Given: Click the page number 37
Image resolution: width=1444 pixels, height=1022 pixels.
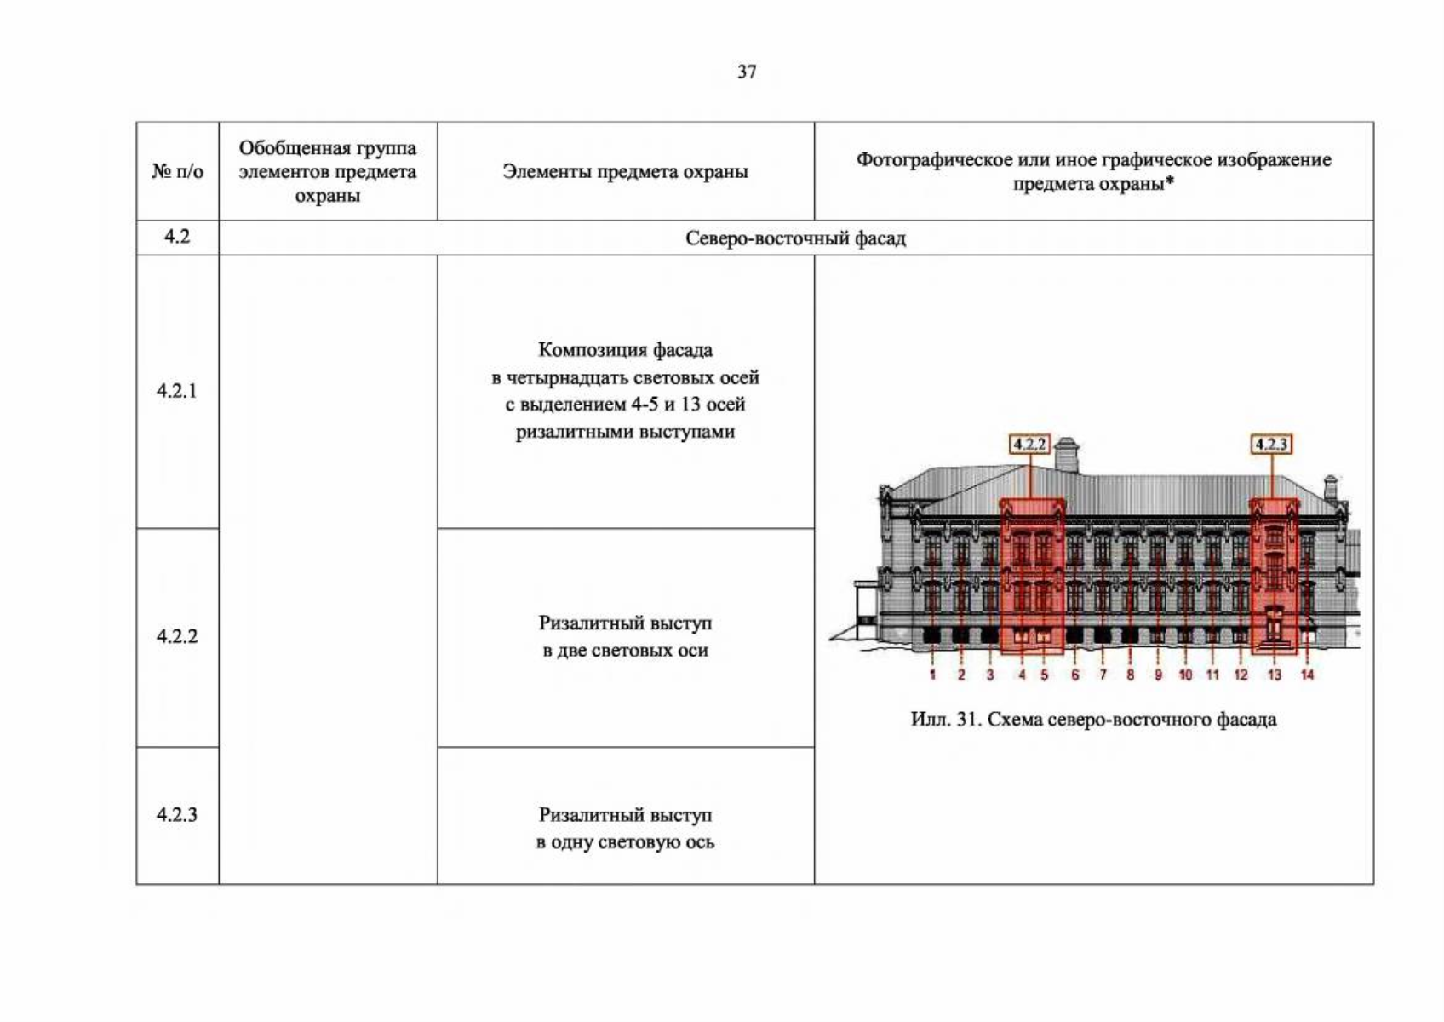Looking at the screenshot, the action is (747, 72).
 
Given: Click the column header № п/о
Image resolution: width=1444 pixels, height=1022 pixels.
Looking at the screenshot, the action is (177, 171).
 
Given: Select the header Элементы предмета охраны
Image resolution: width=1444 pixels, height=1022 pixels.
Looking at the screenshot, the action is (625, 172).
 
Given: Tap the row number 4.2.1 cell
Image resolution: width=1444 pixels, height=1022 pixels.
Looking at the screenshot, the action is (176, 391).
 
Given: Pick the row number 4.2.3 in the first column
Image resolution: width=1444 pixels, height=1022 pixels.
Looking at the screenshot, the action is (176, 814).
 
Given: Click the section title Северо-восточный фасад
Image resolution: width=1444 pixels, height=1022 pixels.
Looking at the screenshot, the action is (795, 238).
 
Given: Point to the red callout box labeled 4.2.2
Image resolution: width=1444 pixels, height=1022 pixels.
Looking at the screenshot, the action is (1029, 445).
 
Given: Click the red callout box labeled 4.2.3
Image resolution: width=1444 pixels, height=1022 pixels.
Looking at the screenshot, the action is (1271, 445).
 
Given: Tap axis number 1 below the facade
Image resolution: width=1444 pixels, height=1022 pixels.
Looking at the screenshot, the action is (932, 675).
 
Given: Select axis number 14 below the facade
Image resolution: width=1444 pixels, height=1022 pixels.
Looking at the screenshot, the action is (1307, 675).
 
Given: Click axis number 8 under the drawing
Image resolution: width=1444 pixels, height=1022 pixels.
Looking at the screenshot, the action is (1130, 675).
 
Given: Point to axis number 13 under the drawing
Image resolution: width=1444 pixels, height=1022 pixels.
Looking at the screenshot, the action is (1274, 675).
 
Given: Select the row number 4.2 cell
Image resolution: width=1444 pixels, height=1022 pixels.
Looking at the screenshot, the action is (176, 237).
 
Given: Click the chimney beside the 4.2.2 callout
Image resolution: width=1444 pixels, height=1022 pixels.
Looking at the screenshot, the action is (1067, 456).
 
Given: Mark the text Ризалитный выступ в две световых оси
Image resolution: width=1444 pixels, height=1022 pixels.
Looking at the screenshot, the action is (625, 637).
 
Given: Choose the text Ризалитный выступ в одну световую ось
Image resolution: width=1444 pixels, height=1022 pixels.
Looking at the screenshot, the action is (625, 829).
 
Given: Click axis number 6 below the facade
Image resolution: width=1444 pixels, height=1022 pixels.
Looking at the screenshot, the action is (1074, 675).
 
